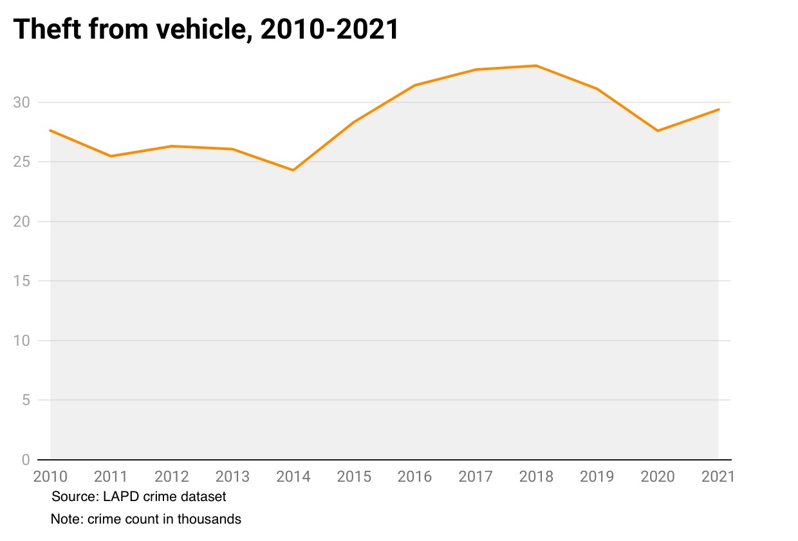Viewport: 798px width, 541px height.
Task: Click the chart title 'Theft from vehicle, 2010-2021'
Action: [206, 30]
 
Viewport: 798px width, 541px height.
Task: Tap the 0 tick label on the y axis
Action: [26, 459]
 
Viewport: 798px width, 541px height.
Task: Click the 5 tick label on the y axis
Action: [26, 400]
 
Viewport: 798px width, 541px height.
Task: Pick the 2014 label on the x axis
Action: [293, 477]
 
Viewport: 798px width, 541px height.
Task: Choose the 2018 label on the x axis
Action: [536, 477]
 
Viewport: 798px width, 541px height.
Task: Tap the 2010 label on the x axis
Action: [50, 477]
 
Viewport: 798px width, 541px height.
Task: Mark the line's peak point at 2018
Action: [536, 66]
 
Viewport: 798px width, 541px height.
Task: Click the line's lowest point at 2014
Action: [293, 170]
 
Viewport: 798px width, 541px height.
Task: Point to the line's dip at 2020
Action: [658, 131]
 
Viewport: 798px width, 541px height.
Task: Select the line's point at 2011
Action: [111, 156]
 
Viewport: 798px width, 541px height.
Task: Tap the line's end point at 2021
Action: [719, 109]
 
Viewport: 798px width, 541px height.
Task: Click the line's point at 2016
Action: [415, 85]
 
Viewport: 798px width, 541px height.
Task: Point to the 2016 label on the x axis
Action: [415, 477]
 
